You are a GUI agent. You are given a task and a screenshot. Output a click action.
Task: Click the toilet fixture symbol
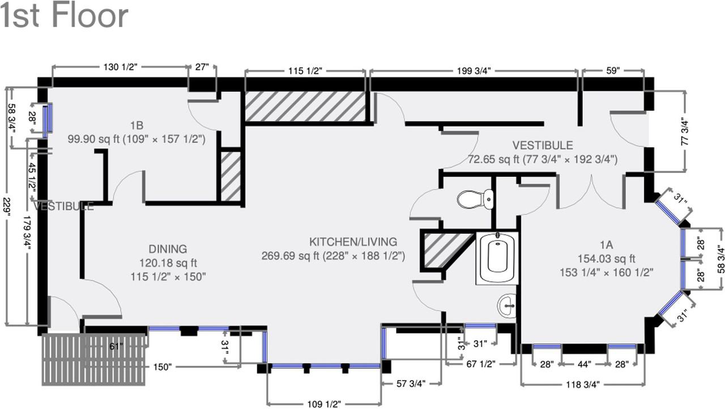tap(475, 199)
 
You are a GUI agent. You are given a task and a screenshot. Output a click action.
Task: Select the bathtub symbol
tap(497, 258)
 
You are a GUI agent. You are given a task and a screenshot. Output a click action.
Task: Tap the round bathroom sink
tap(507, 306)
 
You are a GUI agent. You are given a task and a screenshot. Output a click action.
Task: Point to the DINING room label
tap(168, 249)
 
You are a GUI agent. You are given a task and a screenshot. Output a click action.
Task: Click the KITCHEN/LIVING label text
tap(353, 242)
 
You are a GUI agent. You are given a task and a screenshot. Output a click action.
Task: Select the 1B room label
tap(137, 125)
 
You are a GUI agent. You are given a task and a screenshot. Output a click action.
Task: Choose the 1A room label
tap(607, 244)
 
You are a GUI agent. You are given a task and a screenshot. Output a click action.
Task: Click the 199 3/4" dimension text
tap(474, 71)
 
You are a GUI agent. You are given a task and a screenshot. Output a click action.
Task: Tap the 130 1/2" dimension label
tap(121, 67)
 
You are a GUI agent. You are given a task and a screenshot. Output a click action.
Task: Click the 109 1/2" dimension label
tap(324, 404)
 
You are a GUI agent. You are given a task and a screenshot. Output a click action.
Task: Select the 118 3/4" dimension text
tap(583, 385)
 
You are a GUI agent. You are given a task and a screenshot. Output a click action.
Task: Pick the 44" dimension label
tap(584, 365)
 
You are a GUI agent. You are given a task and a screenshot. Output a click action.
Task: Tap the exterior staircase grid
tap(94, 360)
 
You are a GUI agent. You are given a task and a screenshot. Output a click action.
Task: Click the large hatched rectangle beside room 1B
tap(305, 107)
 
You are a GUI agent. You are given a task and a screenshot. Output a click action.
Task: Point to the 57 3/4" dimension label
tap(411, 383)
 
